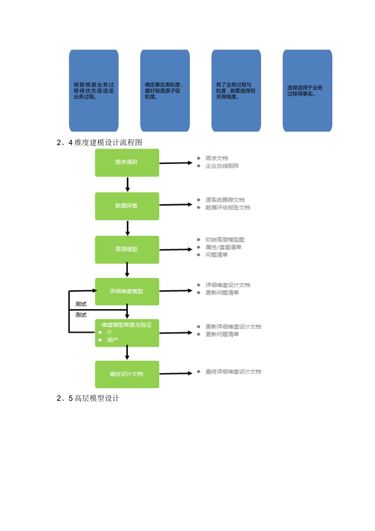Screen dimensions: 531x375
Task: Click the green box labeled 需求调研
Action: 127,162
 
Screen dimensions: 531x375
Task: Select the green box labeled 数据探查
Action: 127,206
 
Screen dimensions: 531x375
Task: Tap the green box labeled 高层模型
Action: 127,249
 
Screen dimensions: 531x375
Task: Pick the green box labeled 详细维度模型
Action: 127,292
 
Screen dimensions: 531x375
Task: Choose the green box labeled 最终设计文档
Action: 127,374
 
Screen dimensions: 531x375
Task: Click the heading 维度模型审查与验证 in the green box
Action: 127,325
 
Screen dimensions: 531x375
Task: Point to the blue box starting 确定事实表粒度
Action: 165,90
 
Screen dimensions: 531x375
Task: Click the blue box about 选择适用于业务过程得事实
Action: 307,90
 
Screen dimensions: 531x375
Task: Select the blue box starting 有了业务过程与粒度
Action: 236,90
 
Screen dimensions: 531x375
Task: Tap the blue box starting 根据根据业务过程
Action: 94,90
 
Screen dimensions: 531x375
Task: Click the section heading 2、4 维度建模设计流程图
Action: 99,143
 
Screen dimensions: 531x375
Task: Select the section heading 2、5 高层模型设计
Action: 88,398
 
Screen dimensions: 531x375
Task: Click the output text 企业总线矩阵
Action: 222,166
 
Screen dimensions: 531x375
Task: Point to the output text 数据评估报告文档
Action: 228,207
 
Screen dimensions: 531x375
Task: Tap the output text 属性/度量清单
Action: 223,247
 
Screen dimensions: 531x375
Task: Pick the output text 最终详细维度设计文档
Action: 233,372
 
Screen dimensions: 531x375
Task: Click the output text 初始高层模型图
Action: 225,240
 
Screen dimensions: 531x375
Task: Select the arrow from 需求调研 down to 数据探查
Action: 127,185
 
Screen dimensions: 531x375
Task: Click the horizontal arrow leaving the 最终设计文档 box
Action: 176,373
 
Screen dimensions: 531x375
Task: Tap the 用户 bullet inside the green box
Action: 112,340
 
